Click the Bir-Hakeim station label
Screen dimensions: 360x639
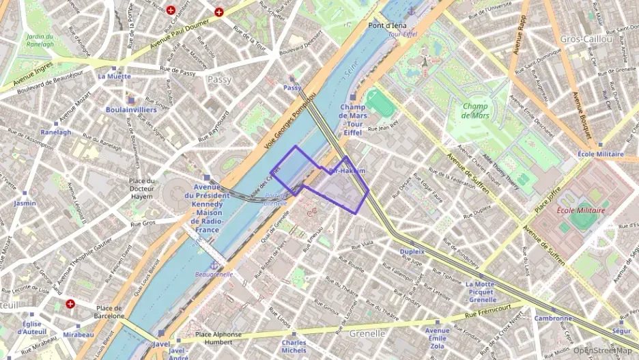(347, 171)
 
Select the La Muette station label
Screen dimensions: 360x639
(114, 77)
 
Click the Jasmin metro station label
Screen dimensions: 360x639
(25, 203)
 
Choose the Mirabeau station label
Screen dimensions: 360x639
(79, 335)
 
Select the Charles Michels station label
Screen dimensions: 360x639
(294, 346)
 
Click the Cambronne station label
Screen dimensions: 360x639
(552, 318)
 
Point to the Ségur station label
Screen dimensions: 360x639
(621, 331)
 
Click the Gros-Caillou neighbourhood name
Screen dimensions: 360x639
(586, 39)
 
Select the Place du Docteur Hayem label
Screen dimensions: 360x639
(141, 189)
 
